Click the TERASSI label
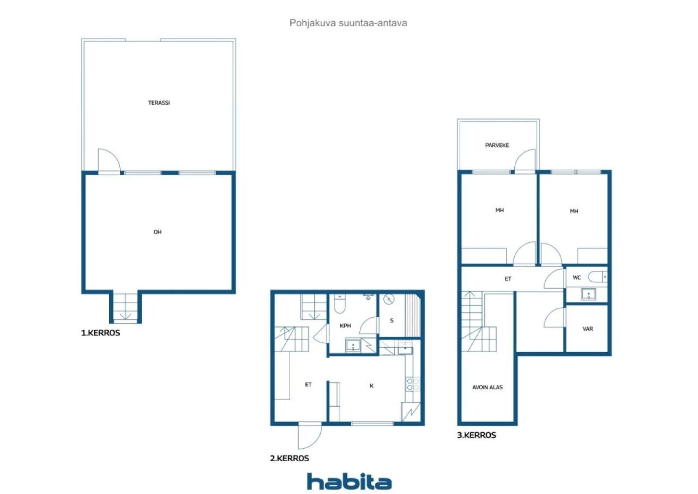159,103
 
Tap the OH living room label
158,232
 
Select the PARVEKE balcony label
497,145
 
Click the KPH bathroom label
345,325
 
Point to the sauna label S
392,320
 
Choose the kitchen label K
371,386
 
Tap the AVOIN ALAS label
488,388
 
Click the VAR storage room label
588,329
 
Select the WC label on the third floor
576,277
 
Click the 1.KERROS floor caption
100,333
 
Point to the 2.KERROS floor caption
290,458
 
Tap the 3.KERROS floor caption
477,435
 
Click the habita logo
349,481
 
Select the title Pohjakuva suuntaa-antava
348,23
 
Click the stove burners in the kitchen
413,384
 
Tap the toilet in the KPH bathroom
340,303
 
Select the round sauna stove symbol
389,299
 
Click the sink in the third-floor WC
588,294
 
